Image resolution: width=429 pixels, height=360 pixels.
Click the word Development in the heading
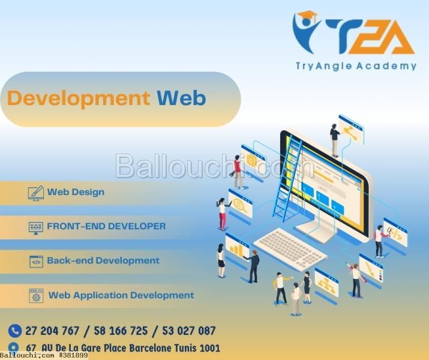[x=79, y=98]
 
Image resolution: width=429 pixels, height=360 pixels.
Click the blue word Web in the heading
[x=181, y=98]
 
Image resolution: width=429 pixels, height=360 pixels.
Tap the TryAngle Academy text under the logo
[x=356, y=66]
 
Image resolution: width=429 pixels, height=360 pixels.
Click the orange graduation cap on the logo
[x=307, y=16]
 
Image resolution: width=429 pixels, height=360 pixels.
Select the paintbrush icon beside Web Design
[x=36, y=193]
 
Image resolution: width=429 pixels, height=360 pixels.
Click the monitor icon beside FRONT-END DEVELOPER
[x=36, y=228]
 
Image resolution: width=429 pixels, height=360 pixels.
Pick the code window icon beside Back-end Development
[x=36, y=262]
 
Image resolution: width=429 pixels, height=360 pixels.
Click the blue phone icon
[x=15, y=331]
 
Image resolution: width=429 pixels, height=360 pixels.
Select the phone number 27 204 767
[x=52, y=331]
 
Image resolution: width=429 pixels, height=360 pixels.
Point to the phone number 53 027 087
[x=189, y=331]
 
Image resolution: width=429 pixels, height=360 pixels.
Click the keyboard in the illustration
[x=290, y=248]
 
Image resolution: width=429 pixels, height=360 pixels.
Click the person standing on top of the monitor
[x=335, y=140]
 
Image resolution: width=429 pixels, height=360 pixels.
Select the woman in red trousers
[x=223, y=214]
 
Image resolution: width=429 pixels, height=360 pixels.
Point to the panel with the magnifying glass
[x=241, y=205]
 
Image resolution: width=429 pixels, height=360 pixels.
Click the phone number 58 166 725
[x=121, y=331]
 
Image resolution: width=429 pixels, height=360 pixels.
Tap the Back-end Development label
[x=103, y=260]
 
